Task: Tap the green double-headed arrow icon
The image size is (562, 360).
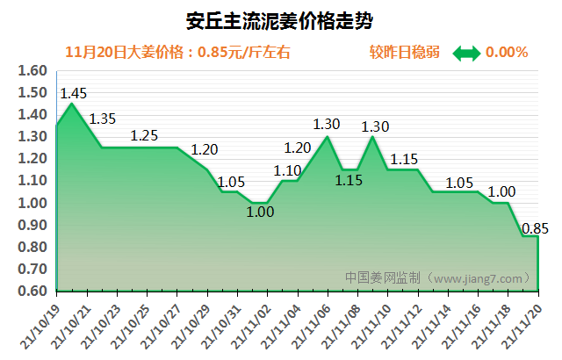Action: tap(466, 53)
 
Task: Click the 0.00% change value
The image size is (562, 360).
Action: tap(507, 52)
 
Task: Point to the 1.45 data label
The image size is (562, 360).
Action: tap(72, 92)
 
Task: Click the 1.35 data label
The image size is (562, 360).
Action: tap(103, 119)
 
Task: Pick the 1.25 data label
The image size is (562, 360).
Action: tap(144, 135)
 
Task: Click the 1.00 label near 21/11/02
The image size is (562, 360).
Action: tap(260, 212)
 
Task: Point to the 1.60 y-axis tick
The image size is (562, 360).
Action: tap(32, 71)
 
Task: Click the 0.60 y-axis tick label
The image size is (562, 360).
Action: tap(32, 291)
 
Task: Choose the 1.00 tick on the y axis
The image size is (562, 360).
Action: tap(32, 203)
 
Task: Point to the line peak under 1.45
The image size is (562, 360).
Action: tap(71, 104)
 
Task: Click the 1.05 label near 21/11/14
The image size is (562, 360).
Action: tap(459, 183)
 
